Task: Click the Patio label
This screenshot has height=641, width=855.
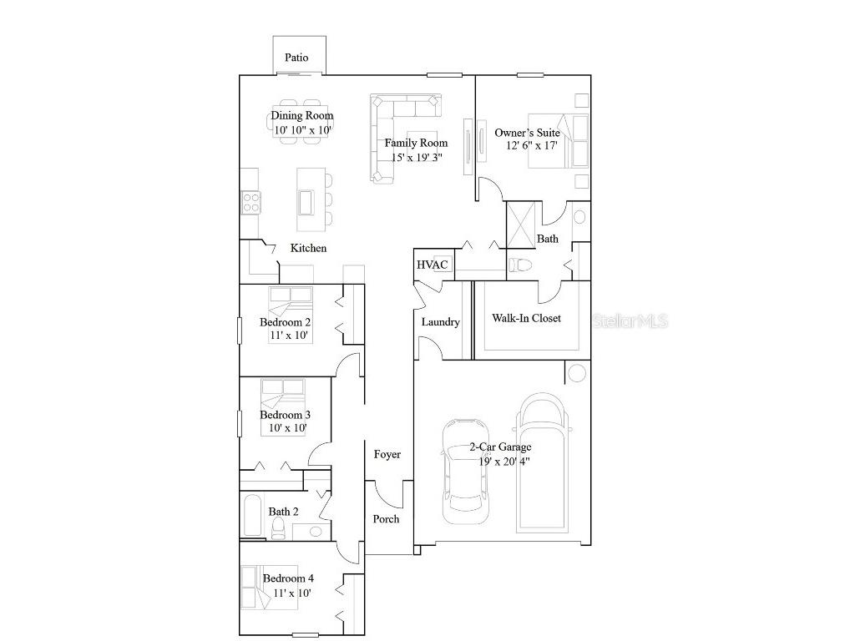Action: (x=296, y=58)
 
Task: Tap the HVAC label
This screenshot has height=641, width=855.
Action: (x=433, y=265)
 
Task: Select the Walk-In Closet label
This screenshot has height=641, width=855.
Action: (x=526, y=318)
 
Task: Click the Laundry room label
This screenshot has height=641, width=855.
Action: (x=441, y=322)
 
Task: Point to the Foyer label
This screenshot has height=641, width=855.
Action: (x=387, y=454)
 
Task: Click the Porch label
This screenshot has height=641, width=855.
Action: (x=386, y=519)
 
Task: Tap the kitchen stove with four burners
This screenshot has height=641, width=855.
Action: (x=251, y=202)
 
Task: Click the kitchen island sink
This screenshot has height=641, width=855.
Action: (x=306, y=202)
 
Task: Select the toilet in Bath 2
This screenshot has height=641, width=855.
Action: (x=278, y=528)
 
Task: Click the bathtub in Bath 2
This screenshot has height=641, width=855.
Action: (x=252, y=516)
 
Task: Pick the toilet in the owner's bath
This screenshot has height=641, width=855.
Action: (x=520, y=265)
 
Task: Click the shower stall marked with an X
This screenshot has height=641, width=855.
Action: (x=521, y=225)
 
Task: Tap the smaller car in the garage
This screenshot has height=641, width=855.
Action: (x=465, y=472)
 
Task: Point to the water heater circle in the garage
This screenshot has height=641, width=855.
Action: (x=577, y=373)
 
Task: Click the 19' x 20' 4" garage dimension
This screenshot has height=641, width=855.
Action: (x=504, y=462)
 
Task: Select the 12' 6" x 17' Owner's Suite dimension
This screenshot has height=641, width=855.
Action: (x=532, y=145)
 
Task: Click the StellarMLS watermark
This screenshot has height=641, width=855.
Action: (x=630, y=321)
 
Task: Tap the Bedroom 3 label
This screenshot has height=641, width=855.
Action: (x=286, y=416)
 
